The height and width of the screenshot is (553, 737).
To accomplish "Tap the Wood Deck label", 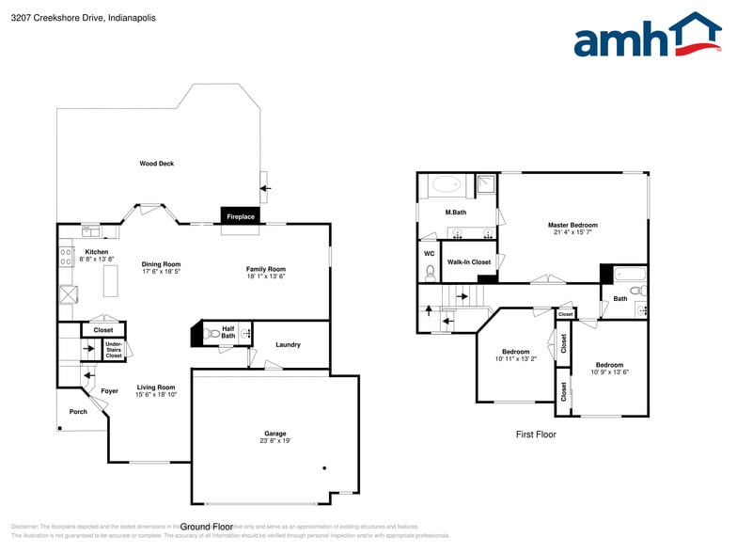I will [x=157, y=164].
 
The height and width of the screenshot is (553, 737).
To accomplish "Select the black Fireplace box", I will [x=240, y=216].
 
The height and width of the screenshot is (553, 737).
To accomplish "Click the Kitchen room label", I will [x=97, y=252].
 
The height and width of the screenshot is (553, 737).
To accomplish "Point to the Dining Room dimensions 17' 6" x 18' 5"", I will [x=162, y=272].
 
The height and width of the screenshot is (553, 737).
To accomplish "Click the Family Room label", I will [x=266, y=270].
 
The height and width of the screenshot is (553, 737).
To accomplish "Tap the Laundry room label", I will [x=288, y=344].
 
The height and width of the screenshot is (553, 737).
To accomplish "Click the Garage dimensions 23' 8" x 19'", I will [x=275, y=441].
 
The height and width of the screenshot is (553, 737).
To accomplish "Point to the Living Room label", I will [x=156, y=387].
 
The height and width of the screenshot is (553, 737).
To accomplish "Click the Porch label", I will [x=78, y=411].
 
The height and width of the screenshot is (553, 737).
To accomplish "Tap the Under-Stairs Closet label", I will [x=113, y=350].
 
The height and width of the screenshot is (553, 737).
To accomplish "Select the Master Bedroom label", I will [x=572, y=225].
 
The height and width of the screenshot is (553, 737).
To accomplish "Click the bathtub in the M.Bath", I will [x=447, y=184].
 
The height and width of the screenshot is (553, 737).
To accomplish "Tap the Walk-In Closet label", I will [x=468, y=261].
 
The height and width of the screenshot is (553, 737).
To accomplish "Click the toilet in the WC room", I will [x=430, y=272].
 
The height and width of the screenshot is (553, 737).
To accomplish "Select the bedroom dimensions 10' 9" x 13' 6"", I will [x=609, y=371].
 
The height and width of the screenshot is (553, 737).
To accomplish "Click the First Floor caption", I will [x=536, y=434].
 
